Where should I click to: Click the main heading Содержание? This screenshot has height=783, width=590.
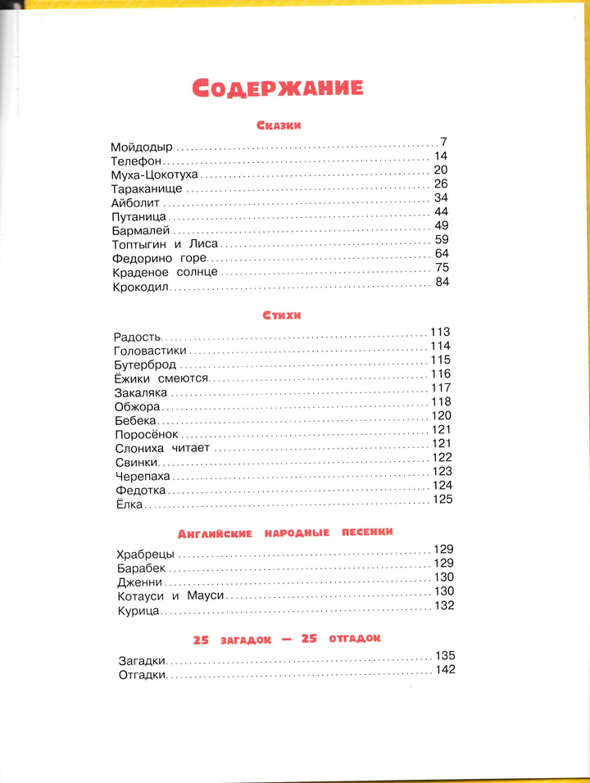coord(278,87)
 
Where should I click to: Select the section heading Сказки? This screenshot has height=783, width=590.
coord(279,125)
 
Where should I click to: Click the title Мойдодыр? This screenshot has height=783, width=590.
coord(142,147)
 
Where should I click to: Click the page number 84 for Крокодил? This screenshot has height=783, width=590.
coord(442,283)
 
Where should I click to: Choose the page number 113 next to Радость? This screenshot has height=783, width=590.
coord(441,332)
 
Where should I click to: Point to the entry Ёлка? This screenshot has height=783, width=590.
coord(130,505)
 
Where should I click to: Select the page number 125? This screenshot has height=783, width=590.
coord(442,500)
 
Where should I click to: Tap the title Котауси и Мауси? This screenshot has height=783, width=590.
coord(170,596)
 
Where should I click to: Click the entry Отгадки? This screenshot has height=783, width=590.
coord(142,675)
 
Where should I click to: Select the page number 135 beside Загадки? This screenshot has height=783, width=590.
coord(444,655)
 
